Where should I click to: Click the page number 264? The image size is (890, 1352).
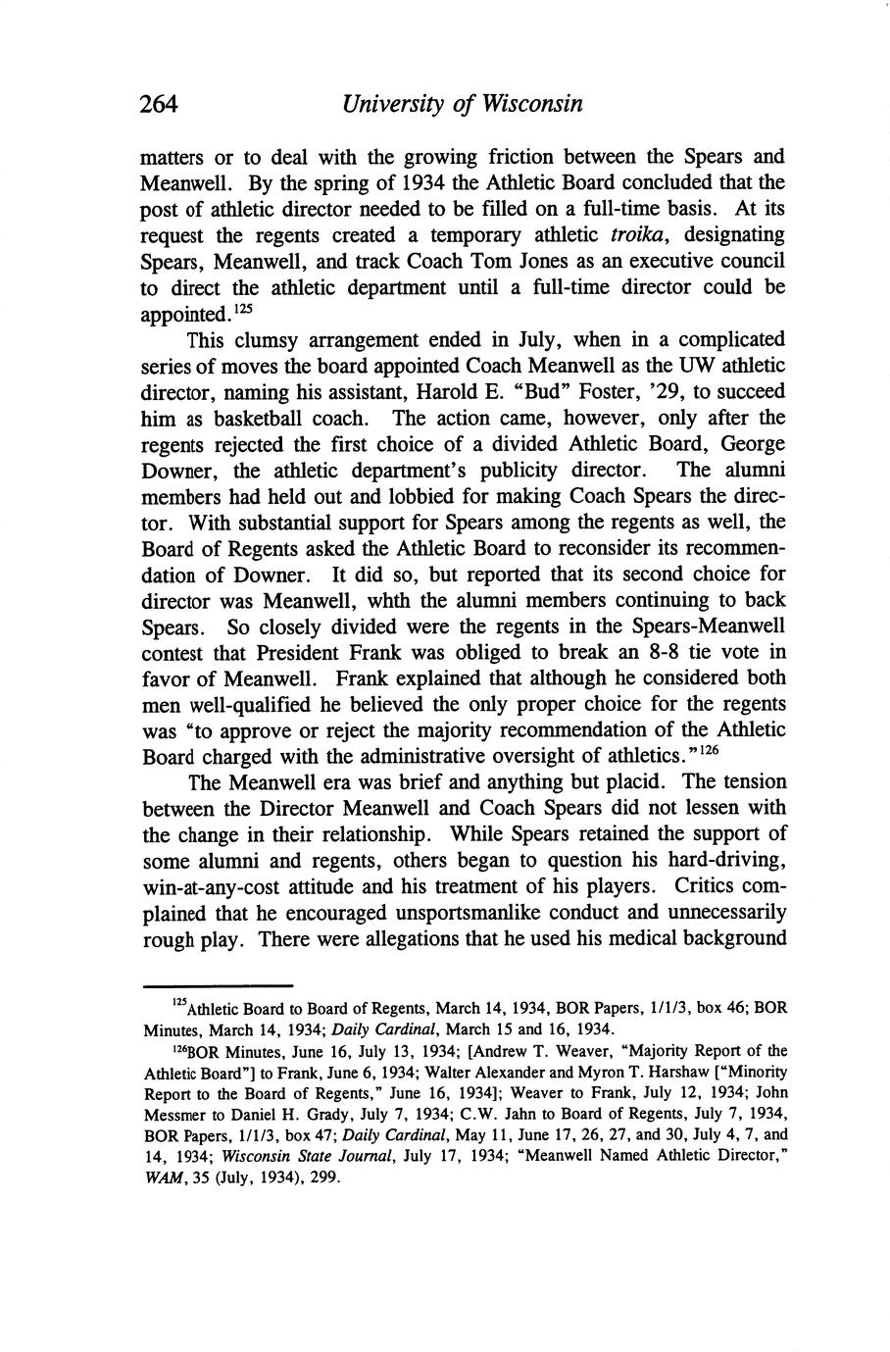point(159,103)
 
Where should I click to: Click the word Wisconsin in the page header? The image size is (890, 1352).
point(530,103)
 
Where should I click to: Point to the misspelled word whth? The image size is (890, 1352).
point(438,600)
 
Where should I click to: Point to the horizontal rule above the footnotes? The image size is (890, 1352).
point(219,985)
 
